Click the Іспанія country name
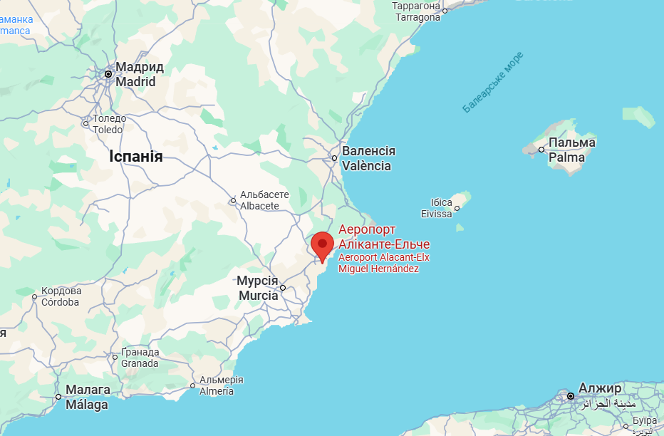(136, 157)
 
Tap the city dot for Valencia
(333, 158)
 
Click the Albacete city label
(264, 199)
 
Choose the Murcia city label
(257, 289)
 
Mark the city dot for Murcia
(283, 288)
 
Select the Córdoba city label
(61, 296)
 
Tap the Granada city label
(140, 358)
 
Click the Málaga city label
(87, 398)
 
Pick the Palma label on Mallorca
(571, 150)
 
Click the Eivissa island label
(436, 208)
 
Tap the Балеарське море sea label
(492, 82)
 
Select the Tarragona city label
(417, 11)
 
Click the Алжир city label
(599, 388)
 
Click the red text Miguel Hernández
(378, 269)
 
